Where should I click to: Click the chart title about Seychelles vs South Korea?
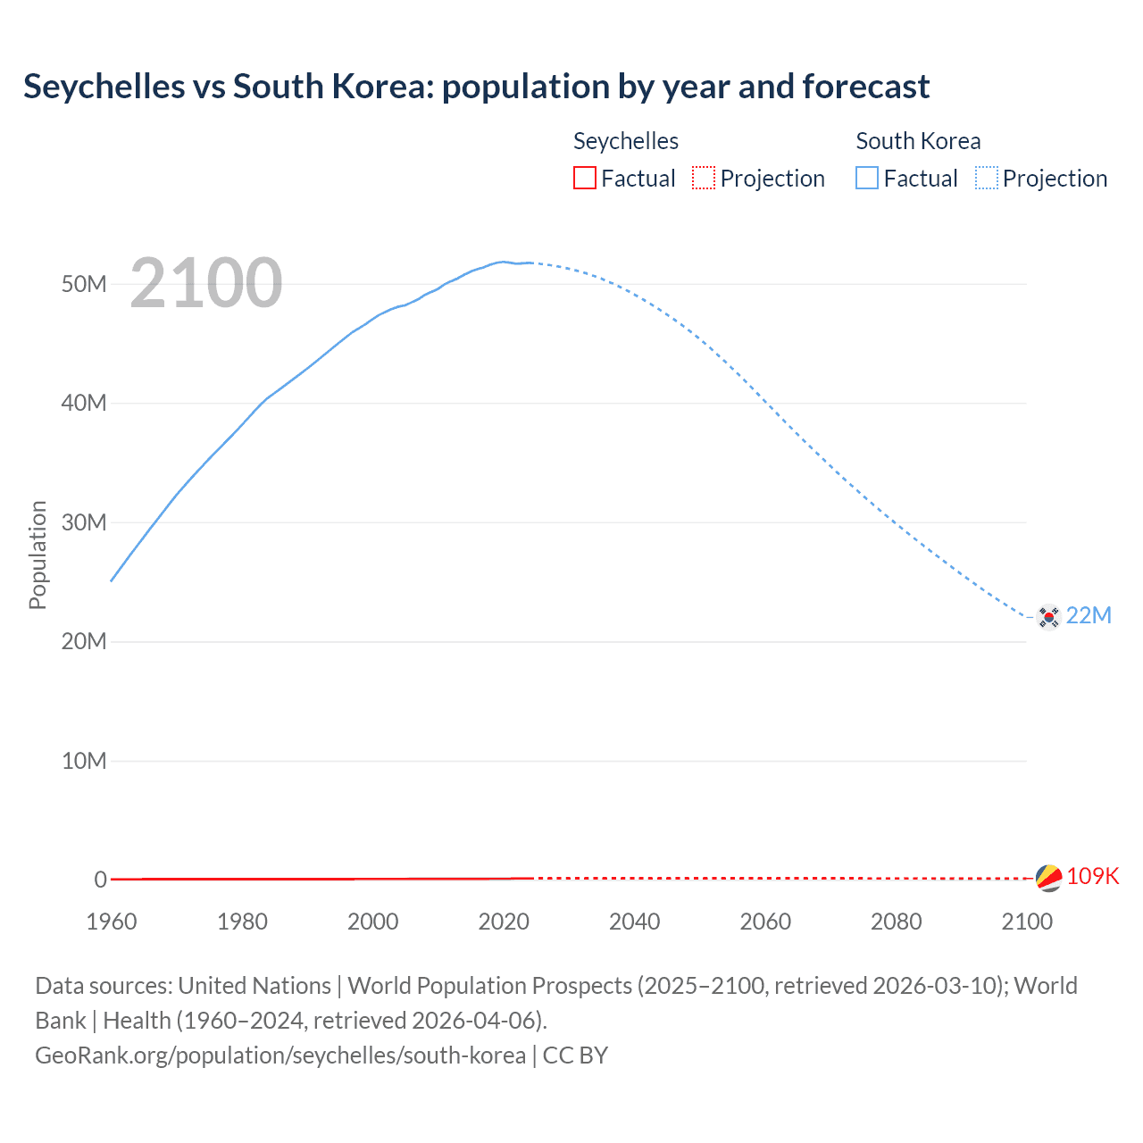[476, 87]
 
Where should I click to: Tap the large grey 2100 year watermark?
[206, 283]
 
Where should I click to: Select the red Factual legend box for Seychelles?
[584, 178]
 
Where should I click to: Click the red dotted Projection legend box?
[704, 178]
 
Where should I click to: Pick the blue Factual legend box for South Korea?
[866, 178]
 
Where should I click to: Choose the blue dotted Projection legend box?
[987, 178]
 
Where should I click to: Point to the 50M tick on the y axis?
[84, 284]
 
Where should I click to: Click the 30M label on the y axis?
[84, 522]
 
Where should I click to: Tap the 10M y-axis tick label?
[84, 761]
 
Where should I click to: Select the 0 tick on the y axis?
[100, 880]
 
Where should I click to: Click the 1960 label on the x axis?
[112, 922]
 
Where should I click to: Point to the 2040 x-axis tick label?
[634, 922]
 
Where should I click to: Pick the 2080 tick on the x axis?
[896, 922]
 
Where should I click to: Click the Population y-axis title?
[38, 555]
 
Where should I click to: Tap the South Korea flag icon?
[1048, 616]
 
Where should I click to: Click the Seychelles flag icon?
[1048, 878]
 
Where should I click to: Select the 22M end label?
[1089, 615]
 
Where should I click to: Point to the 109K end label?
[1092, 876]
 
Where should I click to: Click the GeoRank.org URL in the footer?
[280, 1055]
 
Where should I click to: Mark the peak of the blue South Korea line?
[504, 262]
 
